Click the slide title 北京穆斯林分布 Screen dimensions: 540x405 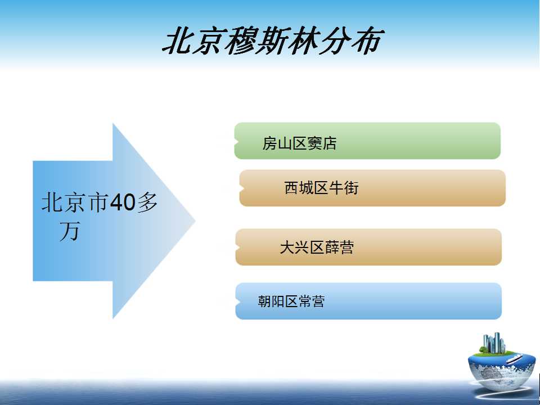click(x=272, y=41)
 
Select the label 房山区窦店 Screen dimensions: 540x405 click(x=299, y=143)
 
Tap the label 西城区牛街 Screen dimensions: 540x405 click(x=321, y=188)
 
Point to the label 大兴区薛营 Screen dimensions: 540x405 click(x=317, y=247)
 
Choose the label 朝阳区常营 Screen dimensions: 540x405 click(x=291, y=301)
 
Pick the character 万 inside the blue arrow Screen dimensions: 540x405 click(x=70, y=231)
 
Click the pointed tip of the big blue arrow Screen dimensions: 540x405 click(x=195, y=220)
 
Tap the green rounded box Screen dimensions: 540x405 click(x=367, y=141)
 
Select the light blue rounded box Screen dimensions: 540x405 click(x=368, y=301)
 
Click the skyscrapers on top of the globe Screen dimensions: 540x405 click(x=494, y=343)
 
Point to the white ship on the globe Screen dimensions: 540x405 click(x=515, y=359)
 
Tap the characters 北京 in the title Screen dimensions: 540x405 click(x=192, y=41)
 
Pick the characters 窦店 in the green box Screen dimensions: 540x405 click(x=322, y=143)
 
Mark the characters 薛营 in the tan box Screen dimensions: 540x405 click(x=339, y=247)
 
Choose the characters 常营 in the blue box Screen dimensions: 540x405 click(x=312, y=301)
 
